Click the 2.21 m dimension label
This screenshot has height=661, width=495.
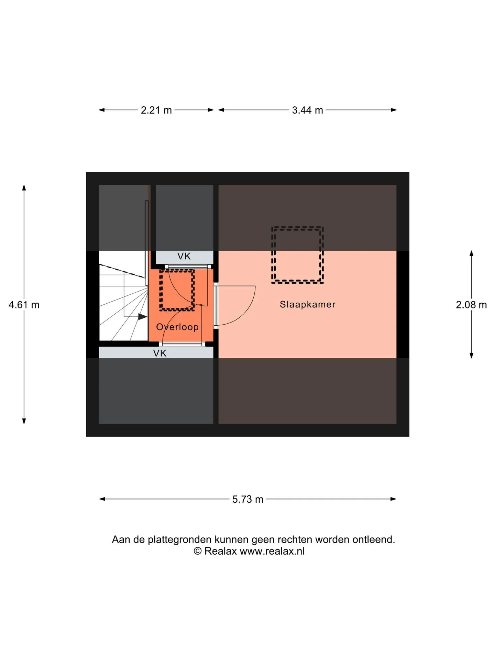point(156,110)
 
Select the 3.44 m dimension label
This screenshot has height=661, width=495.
point(307,110)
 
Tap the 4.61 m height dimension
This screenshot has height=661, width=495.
point(24,305)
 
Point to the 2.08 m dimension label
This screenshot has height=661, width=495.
point(471,305)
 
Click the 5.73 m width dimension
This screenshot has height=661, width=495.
point(247,499)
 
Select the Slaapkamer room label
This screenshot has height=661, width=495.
point(308,304)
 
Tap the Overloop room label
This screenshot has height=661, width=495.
point(177,327)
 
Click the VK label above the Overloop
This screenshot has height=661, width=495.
point(184,256)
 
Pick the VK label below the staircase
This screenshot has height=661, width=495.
point(160,353)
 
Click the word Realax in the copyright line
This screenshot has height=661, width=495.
point(220,551)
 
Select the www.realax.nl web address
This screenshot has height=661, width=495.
point(272,552)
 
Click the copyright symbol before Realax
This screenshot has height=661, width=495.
point(197,551)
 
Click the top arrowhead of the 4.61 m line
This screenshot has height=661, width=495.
point(24,188)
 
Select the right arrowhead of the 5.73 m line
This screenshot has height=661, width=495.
point(393,499)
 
